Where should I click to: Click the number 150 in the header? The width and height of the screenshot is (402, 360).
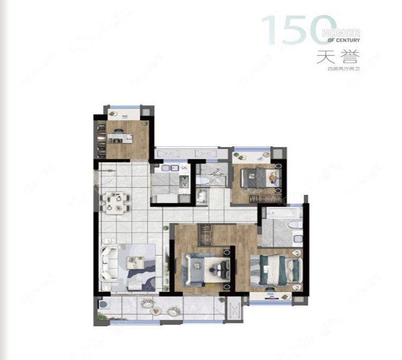pyautogui.click(x=298, y=31)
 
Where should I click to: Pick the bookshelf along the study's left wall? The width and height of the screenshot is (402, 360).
pyautogui.click(x=101, y=138)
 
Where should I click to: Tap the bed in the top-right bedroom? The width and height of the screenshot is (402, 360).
pyautogui.click(x=258, y=177)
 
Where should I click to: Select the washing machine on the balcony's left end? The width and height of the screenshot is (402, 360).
pyautogui.click(x=102, y=306)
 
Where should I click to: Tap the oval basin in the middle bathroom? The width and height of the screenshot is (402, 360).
pyautogui.click(x=203, y=181)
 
